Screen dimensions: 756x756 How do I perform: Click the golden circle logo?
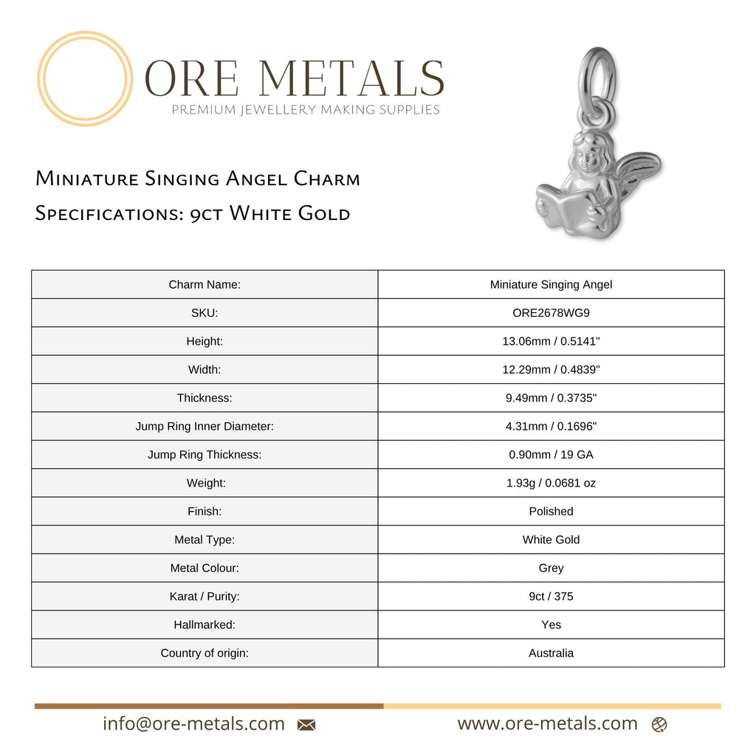(x=85, y=78)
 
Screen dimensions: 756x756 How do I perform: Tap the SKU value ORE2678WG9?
(x=551, y=312)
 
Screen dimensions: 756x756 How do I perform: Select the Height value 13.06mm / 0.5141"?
(x=551, y=341)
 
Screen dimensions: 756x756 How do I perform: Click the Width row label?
(x=205, y=369)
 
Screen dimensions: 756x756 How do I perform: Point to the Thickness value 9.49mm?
(x=551, y=398)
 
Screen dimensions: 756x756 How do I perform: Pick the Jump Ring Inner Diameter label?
(x=205, y=426)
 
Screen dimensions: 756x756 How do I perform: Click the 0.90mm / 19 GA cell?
(x=551, y=455)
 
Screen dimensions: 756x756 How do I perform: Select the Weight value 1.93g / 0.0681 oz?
(x=551, y=483)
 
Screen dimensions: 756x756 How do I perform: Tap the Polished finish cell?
(x=551, y=511)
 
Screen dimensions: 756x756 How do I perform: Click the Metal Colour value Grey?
(x=551, y=568)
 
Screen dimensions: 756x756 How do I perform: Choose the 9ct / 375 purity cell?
(x=551, y=596)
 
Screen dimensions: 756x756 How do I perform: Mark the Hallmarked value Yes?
(x=551, y=625)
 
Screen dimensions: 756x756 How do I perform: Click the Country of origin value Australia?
(x=551, y=653)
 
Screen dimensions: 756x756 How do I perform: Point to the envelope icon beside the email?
(x=306, y=725)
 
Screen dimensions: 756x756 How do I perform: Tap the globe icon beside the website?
(x=659, y=725)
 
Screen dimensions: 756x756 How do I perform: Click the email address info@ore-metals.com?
(x=193, y=724)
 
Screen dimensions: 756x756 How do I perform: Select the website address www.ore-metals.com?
(x=547, y=724)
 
